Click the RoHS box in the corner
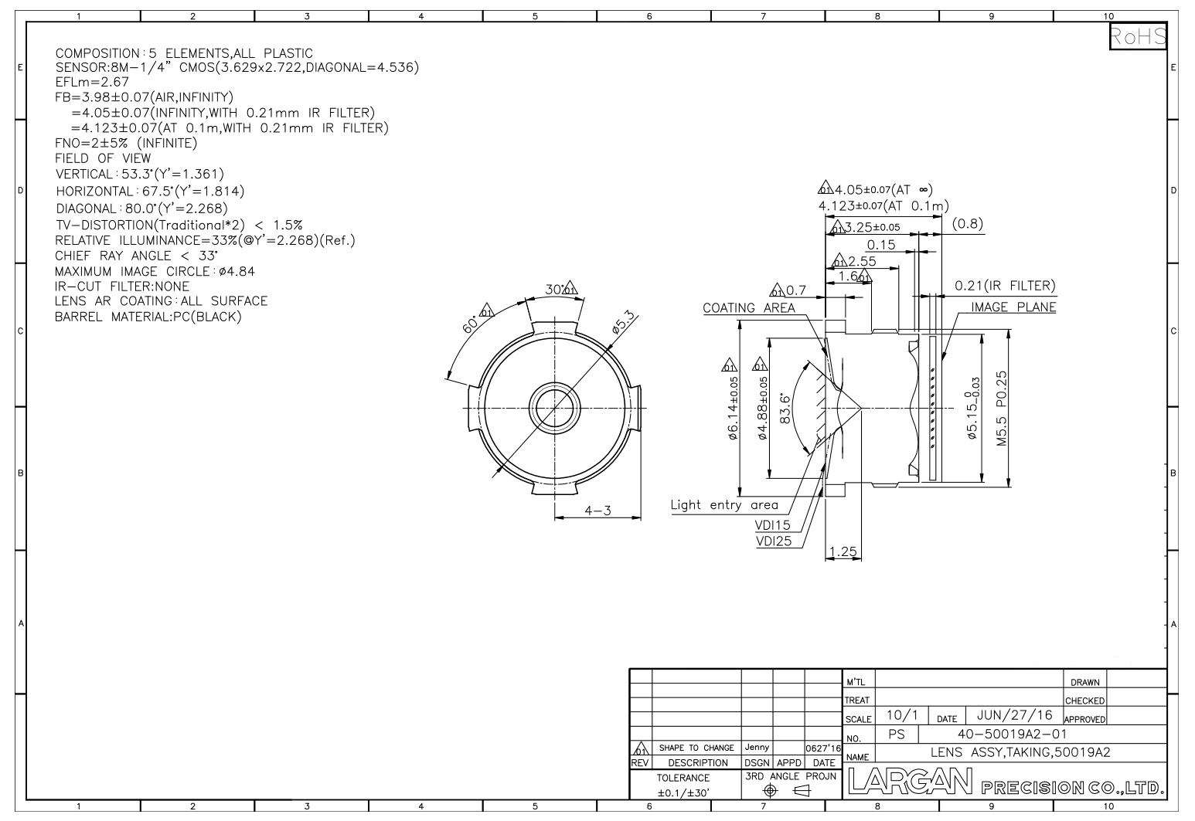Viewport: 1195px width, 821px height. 1138,36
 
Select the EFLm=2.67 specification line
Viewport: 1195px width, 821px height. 92,82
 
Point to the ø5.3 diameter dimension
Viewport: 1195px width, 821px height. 624,323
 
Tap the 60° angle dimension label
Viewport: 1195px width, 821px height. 469,324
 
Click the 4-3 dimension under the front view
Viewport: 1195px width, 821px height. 597,511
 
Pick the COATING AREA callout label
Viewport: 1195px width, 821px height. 748,307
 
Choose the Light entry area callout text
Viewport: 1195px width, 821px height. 724,505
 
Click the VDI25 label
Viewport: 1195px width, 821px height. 774,541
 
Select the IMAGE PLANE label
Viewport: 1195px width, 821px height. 1013,307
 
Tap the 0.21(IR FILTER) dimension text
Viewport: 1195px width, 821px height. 1005,286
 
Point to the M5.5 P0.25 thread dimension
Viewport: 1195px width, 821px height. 1002,409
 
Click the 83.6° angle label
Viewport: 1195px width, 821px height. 785,409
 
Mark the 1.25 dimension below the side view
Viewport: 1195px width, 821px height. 843,551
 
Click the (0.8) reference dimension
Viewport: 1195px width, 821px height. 967,223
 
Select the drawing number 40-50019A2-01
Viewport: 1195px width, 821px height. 1012,734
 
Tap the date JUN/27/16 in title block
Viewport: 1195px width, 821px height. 1014,715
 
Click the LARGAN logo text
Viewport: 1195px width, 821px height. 910,781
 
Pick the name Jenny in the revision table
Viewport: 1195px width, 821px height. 757,748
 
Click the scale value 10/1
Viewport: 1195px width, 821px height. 902,715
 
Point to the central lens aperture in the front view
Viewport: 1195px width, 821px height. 555,409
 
